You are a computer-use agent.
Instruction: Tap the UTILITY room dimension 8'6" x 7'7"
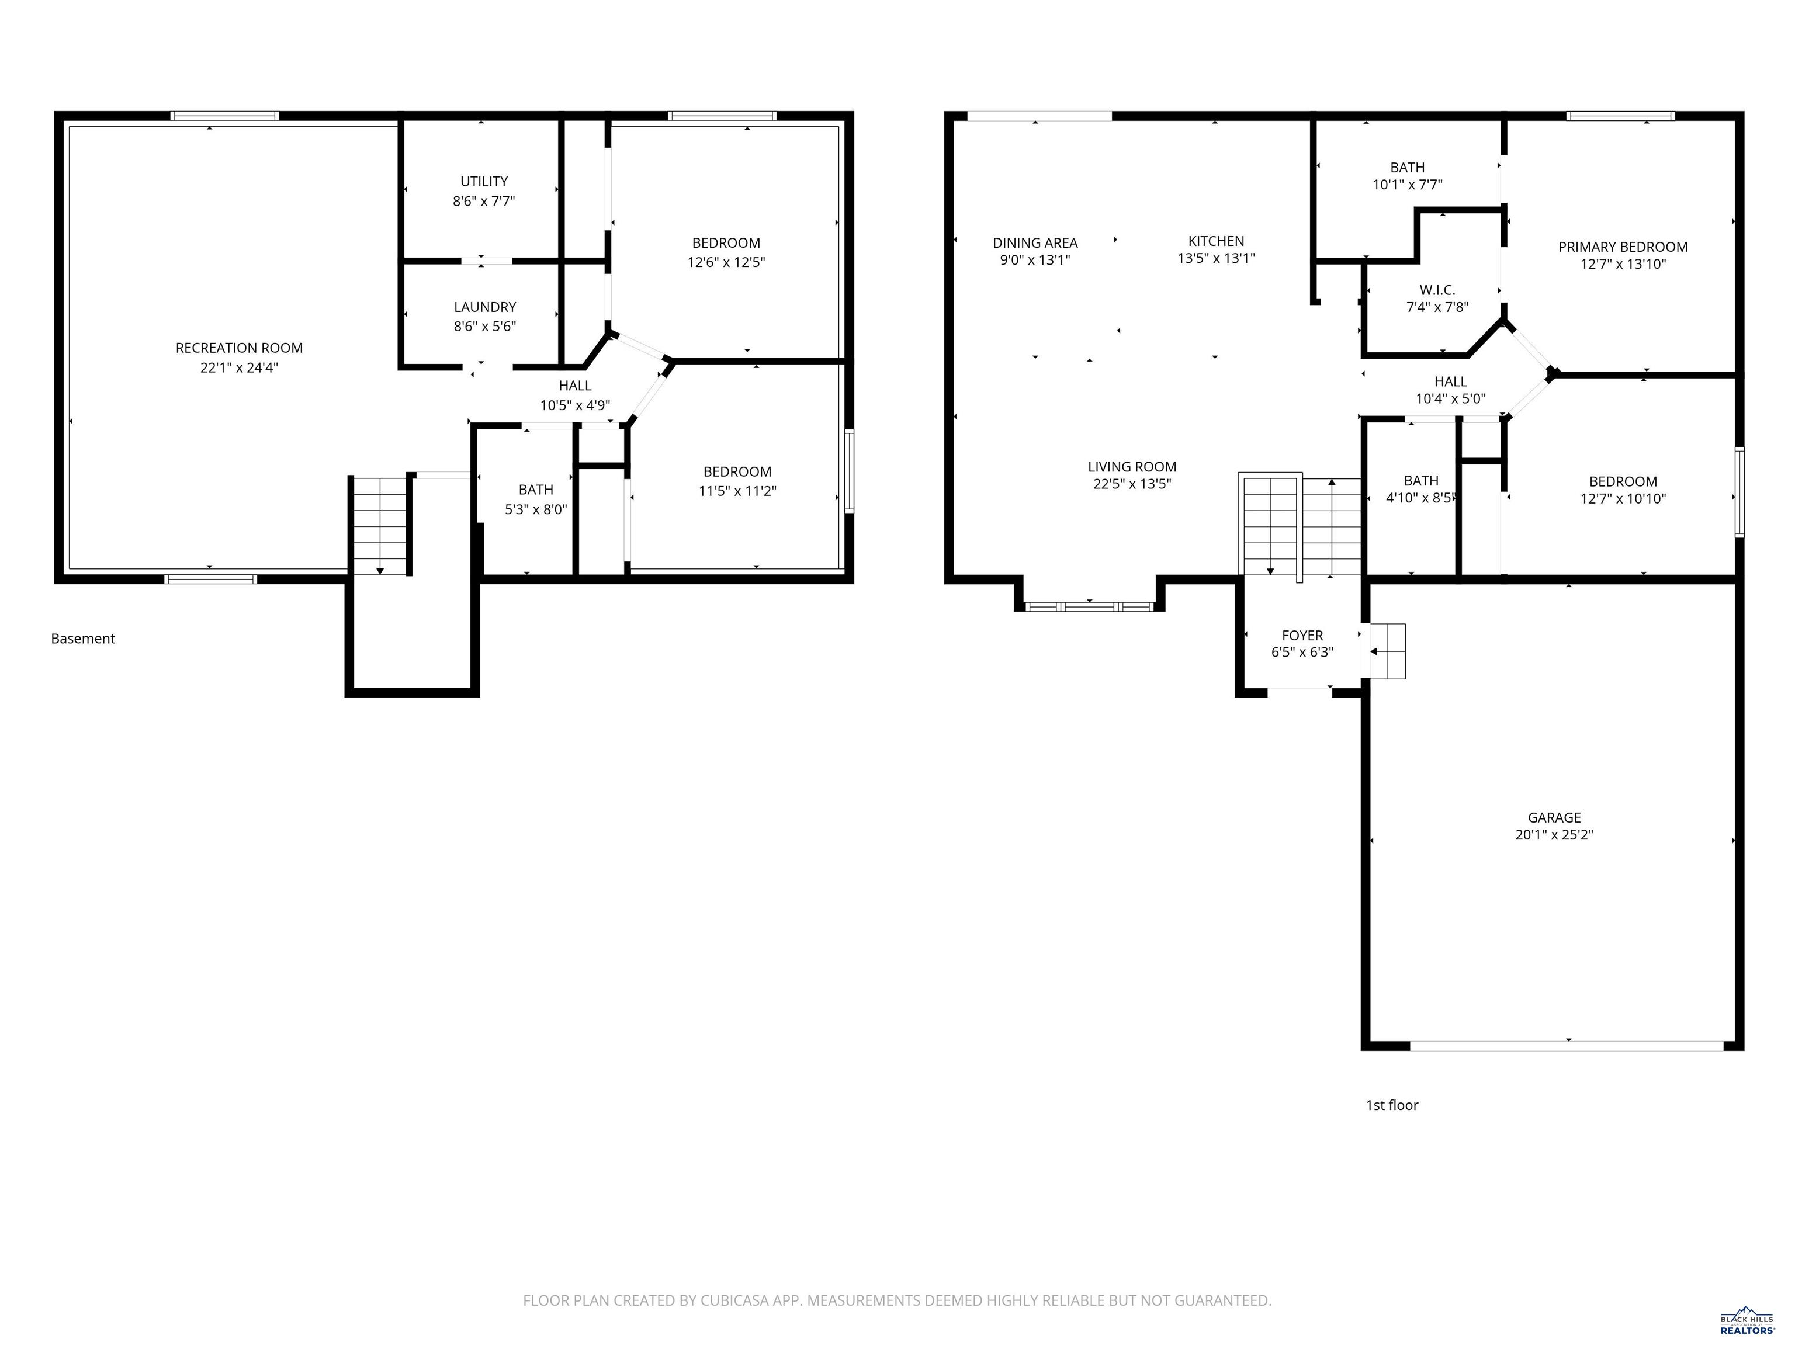(x=484, y=201)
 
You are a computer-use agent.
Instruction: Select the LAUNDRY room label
(x=484, y=307)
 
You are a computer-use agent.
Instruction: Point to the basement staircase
(x=380, y=526)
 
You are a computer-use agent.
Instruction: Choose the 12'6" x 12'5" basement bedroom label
(x=726, y=252)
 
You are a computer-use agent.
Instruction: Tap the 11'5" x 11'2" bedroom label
(x=737, y=481)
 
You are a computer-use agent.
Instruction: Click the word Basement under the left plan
(x=83, y=639)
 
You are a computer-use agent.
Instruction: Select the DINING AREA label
(x=1035, y=242)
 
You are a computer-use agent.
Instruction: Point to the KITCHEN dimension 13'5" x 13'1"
(x=1215, y=259)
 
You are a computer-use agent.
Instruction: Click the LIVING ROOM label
(x=1131, y=467)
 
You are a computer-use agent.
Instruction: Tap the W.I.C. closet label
(x=1437, y=290)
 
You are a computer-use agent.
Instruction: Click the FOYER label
(x=1302, y=635)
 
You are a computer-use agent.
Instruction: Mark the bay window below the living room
(x=1089, y=606)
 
